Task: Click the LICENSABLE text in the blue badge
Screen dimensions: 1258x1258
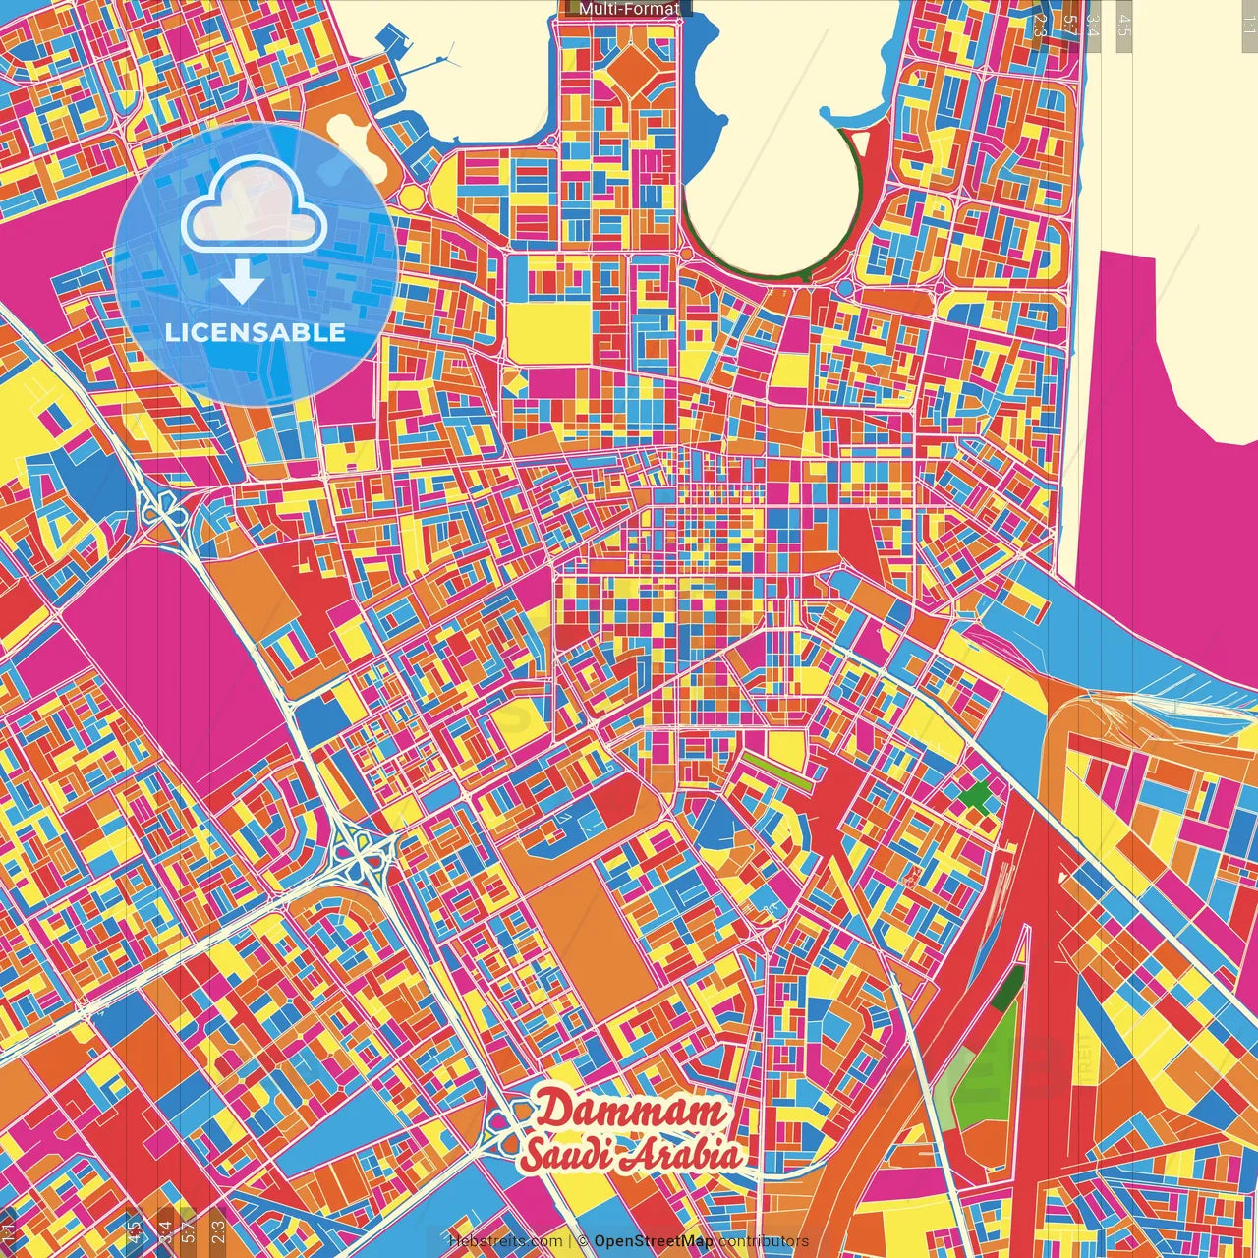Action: click(256, 332)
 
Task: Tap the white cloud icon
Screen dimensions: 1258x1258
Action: click(254, 207)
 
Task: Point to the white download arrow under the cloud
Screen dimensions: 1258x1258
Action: click(242, 283)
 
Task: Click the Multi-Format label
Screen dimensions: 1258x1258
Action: click(629, 9)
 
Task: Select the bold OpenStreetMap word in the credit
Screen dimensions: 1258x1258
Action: click(654, 1241)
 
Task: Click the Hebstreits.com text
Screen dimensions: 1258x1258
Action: click(505, 1241)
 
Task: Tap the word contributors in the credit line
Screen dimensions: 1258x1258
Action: click(763, 1241)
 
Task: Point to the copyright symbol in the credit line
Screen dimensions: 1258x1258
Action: click(582, 1241)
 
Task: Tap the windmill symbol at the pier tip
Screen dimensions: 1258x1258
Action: click(446, 57)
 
